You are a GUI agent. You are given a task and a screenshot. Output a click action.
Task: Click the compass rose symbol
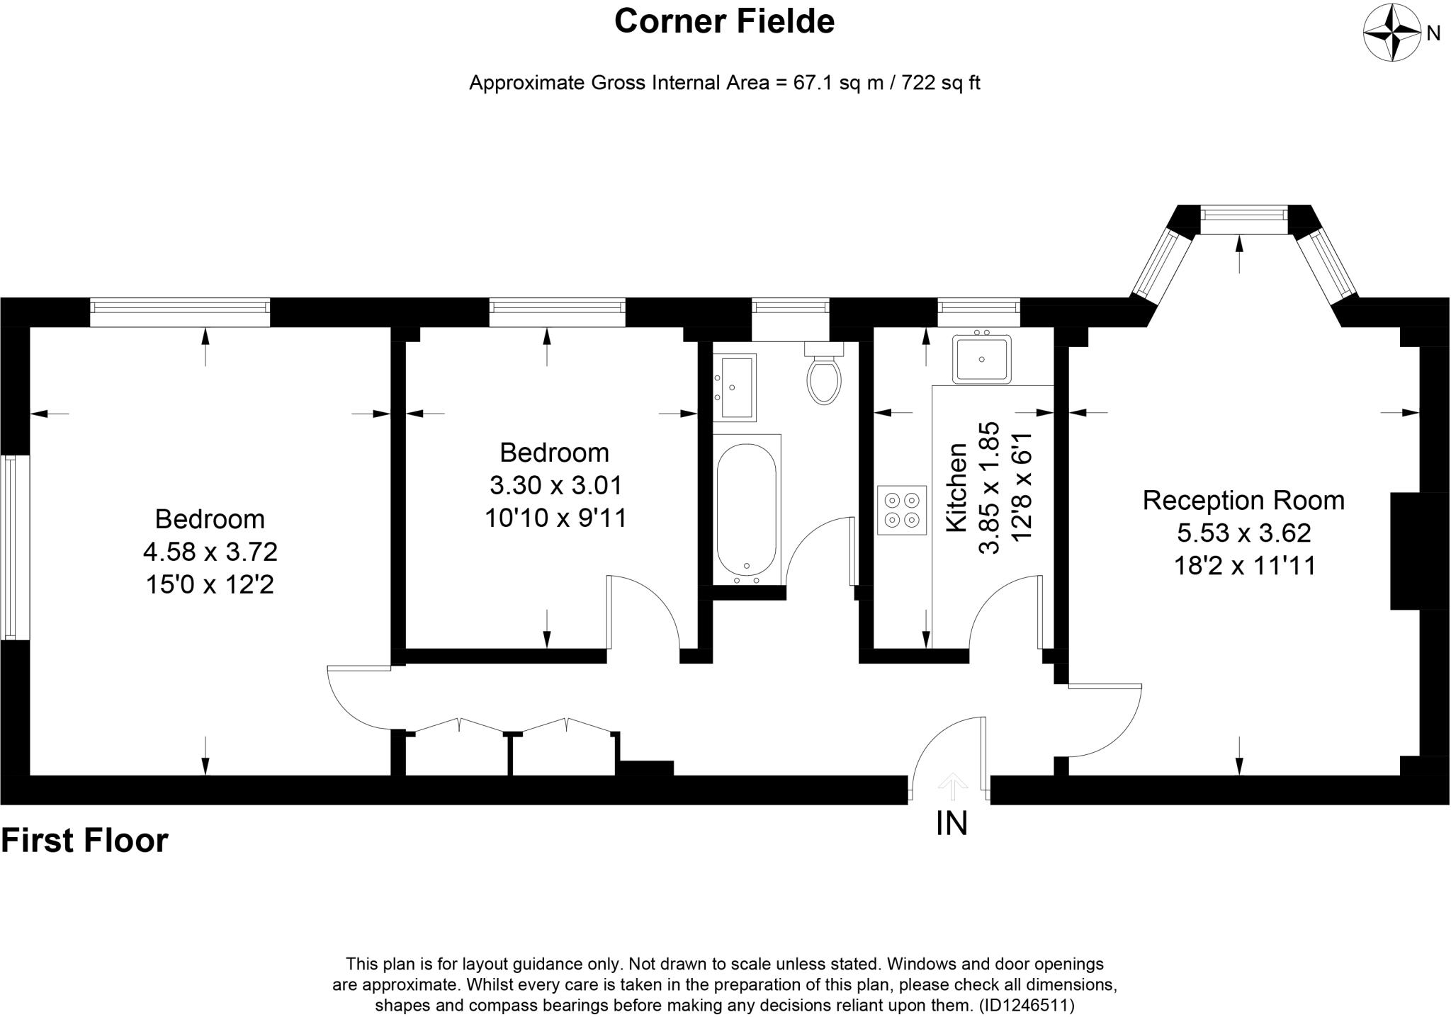click(1392, 33)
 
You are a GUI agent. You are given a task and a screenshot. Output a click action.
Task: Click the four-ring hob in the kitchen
click(902, 510)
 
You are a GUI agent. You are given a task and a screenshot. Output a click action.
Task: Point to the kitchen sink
click(981, 358)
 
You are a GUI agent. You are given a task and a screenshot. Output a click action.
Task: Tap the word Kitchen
click(957, 487)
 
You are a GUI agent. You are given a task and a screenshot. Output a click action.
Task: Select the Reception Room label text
click(1243, 500)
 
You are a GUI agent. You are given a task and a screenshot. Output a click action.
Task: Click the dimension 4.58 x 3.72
click(210, 551)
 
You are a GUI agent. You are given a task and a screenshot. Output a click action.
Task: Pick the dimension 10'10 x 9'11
click(555, 518)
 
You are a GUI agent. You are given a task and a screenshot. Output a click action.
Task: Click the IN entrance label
click(952, 824)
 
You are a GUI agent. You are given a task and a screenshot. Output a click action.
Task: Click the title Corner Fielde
click(724, 21)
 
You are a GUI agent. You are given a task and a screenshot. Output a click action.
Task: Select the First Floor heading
click(85, 841)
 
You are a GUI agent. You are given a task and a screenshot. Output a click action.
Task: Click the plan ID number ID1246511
click(1027, 1005)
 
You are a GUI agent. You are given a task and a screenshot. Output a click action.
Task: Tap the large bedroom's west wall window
click(9, 547)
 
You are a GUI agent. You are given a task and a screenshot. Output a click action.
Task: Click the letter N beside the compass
click(1433, 33)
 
